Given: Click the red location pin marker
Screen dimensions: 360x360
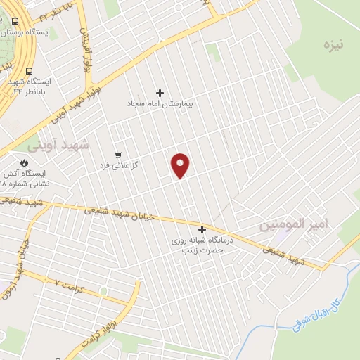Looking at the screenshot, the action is click(181, 165).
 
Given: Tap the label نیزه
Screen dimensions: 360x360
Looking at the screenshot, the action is click(332, 45).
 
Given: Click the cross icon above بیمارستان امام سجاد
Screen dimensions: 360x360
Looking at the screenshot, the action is click(160, 93).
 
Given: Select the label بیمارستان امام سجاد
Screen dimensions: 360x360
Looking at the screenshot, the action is click(160, 103).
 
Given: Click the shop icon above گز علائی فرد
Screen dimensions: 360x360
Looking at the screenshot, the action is click(118, 155).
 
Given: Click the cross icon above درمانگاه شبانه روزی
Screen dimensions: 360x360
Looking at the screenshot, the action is click(202, 229).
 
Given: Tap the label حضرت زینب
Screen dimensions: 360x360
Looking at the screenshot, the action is click(202, 250).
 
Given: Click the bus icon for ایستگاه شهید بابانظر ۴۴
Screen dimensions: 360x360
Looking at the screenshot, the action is click(29, 71).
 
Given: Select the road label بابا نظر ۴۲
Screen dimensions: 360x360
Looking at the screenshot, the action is click(53, 14).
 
